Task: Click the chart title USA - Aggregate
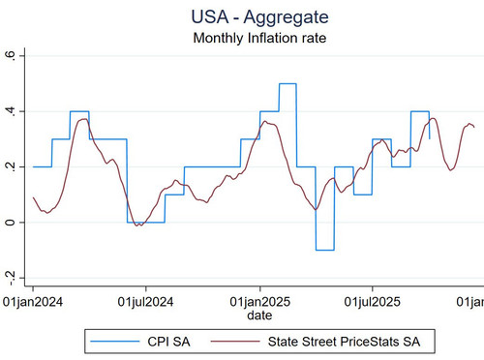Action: pos(259,16)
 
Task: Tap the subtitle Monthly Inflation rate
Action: pos(259,38)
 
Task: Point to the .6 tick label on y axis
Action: pos(11,56)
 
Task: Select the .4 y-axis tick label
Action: pos(11,111)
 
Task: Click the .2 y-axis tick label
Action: pos(11,167)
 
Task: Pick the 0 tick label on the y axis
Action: pos(11,223)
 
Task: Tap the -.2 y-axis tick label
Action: pos(11,278)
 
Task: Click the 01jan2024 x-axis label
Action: pos(33,302)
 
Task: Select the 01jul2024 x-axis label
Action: pos(145,302)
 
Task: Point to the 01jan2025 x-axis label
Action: pos(260,302)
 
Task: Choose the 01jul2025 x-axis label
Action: pos(373,302)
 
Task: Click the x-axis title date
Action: pos(259,315)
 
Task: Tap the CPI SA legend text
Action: pos(168,342)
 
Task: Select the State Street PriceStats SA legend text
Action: pos(345,342)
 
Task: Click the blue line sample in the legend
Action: pos(115,342)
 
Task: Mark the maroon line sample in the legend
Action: pos(235,342)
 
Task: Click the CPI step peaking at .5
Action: pos(287,84)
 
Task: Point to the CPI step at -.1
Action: pos(325,250)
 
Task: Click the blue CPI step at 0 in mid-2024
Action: pos(146,223)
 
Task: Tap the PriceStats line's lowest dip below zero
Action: pos(137,225)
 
